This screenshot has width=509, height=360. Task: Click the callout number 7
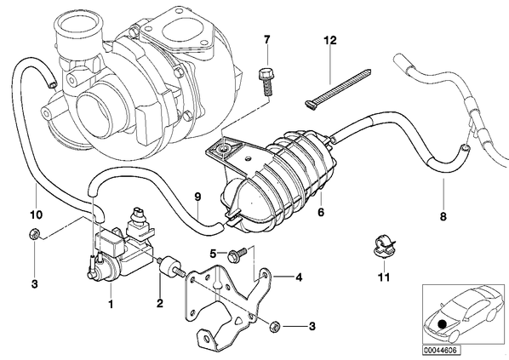(266, 40)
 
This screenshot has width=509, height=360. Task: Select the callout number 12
(330, 41)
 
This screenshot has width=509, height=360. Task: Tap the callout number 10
(36, 214)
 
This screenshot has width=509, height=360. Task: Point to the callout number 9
(197, 197)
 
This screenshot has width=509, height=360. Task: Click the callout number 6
(321, 212)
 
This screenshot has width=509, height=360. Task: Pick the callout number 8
(443, 216)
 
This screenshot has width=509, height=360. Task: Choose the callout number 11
(384, 277)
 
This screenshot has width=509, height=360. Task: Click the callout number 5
(213, 254)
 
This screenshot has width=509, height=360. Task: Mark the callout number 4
(299, 277)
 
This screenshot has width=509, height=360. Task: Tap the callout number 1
(111, 304)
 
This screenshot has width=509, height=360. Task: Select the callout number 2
(159, 304)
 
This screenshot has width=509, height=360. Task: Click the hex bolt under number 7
(266, 81)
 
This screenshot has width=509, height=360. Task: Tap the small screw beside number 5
(237, 254)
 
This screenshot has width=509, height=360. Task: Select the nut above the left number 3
(34, 234)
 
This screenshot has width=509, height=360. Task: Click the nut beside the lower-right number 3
(275, 327)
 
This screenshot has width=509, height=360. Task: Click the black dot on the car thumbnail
(441, 324)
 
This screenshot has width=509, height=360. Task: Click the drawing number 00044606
(441, 351)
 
